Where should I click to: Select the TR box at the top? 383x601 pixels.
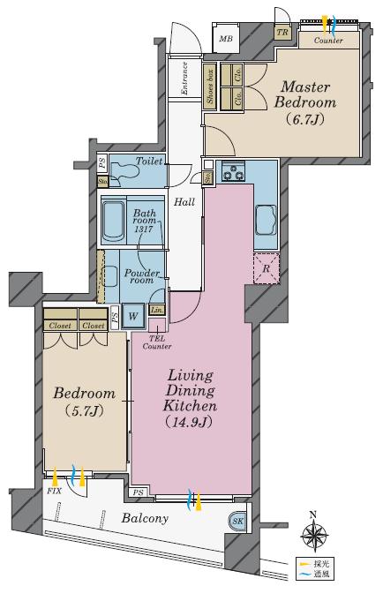[282, 33]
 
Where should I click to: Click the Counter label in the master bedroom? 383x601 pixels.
[328, 40]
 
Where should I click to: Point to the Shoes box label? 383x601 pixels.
[210, 86]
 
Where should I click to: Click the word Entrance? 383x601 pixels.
[184, 79]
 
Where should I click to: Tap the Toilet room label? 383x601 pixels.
[148, 162]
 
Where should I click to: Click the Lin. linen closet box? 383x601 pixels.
[157, 310]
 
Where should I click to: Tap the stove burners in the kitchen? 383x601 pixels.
[234, 175]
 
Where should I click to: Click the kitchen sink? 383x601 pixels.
[267, 217]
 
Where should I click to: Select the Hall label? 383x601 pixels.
[184, 202]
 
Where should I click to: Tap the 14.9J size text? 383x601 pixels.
[190, 423]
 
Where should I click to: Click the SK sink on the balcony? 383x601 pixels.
[237, 521]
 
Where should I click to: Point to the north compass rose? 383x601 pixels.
[313, 534]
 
